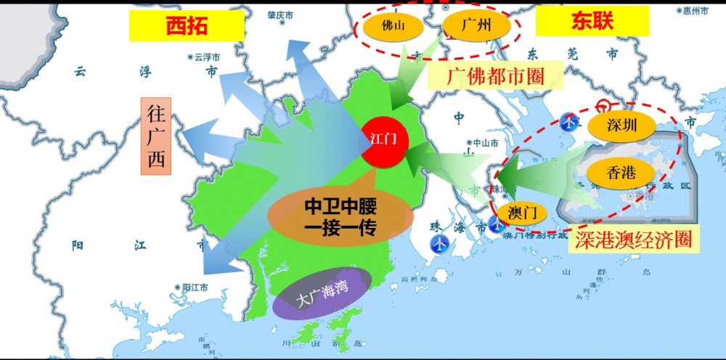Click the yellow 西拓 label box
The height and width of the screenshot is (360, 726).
click(186, 27)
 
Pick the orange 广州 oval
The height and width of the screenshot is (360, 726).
click(476, 26)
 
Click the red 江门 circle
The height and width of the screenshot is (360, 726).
click(383, 138)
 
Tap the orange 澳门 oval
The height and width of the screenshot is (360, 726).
click(522, 213)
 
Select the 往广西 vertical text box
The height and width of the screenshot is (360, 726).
click(156, 136)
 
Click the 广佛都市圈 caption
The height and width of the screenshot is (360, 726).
click(494, 75)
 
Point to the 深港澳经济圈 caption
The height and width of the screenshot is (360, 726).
click(632, 239)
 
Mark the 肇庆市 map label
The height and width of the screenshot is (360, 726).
click(279, 15)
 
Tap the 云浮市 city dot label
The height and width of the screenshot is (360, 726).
click(205, 56)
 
